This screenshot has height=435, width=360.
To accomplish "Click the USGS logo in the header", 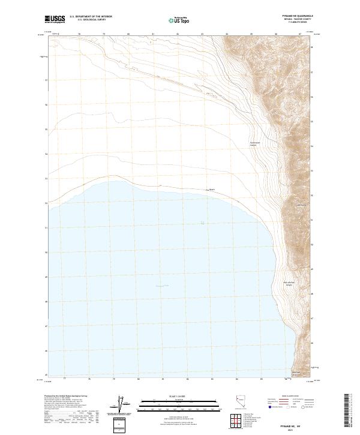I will (56, 19).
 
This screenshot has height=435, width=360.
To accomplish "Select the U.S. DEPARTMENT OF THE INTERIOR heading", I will (91, 17).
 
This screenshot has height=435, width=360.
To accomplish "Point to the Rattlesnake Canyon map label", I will (257, 144).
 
